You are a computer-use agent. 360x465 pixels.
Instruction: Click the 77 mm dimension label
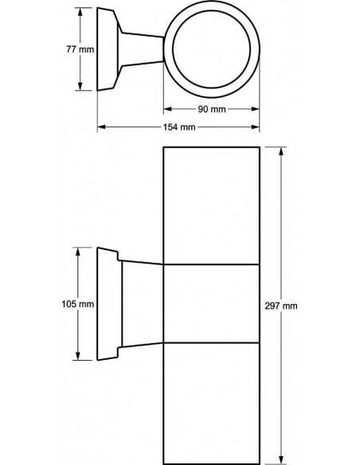[x=80, y=49]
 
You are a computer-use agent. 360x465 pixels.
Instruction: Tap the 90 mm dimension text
[x=212, y=109]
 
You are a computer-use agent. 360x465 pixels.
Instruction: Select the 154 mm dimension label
[x=179, y=127]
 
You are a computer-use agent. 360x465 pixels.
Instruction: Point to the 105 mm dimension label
[x=78, y=304]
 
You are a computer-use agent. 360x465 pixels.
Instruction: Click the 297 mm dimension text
[x=281, y=306]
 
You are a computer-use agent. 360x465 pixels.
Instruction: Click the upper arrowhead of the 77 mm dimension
[x=80, y=12]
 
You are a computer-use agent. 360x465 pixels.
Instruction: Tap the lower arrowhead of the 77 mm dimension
[x=80, y=86]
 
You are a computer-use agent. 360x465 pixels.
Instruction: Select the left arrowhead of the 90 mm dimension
[x=167, y=109]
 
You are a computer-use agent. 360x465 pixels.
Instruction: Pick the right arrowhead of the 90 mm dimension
[x=256, y=109]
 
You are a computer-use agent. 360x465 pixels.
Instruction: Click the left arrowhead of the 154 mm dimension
[x=101, y=127]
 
